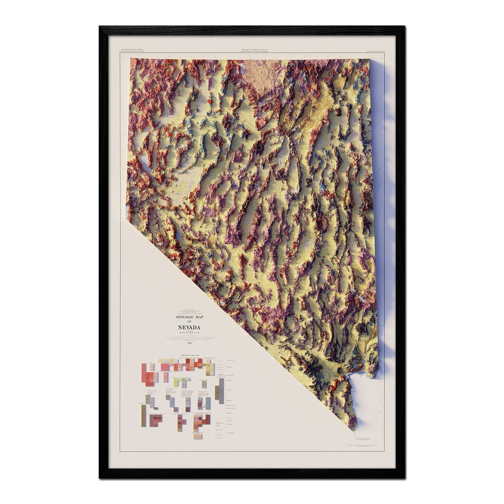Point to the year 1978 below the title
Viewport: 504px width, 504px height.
[189, 344]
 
